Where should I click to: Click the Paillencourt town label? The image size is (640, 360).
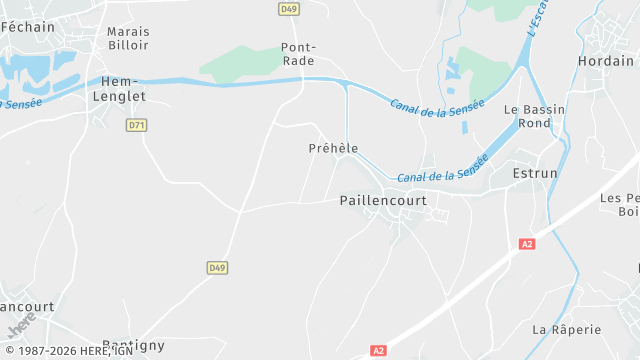[383, 201]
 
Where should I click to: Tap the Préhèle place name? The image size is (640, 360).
[333, 149]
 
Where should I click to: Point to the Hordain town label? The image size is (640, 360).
[606, 61]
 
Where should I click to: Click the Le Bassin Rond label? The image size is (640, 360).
[527, 117]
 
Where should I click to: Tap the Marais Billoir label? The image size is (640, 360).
[128, 38]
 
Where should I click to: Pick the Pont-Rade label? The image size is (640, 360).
[298, 54]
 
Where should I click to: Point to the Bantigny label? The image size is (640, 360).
[133, 346]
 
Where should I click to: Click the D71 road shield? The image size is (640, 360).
[137, 126]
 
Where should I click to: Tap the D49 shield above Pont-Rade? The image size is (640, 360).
[290, 9]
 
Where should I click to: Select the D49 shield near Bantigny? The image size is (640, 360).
[217, 268]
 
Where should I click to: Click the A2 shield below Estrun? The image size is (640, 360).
[527, 244]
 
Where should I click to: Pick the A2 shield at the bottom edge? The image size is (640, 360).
[378, 351]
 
